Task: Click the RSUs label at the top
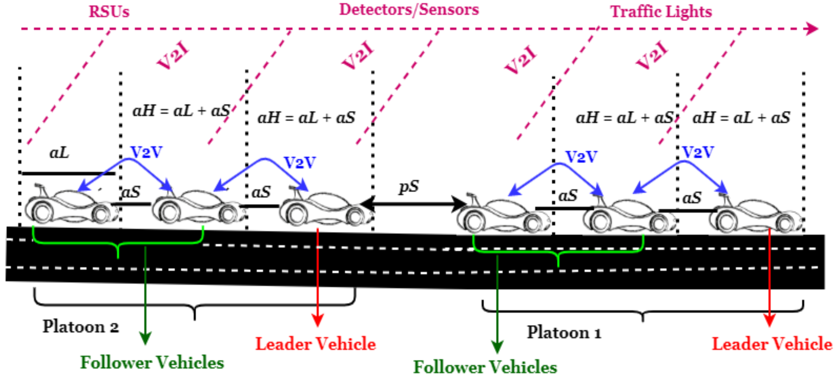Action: point(109,12)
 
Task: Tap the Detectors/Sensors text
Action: point(409,10)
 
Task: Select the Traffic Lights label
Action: point(661,12)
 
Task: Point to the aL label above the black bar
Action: point(59,152)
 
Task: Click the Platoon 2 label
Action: point(81,327)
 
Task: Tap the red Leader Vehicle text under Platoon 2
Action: point(315,344)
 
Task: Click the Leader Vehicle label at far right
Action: point(772,344)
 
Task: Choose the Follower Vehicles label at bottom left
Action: point(152,362)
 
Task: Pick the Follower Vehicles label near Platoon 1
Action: point(485,367)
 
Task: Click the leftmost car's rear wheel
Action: point(42,213)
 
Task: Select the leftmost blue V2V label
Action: point(146,152)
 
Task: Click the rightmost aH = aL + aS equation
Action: point(741,118)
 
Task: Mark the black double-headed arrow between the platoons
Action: point(412,204)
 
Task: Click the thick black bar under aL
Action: point(68,174)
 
